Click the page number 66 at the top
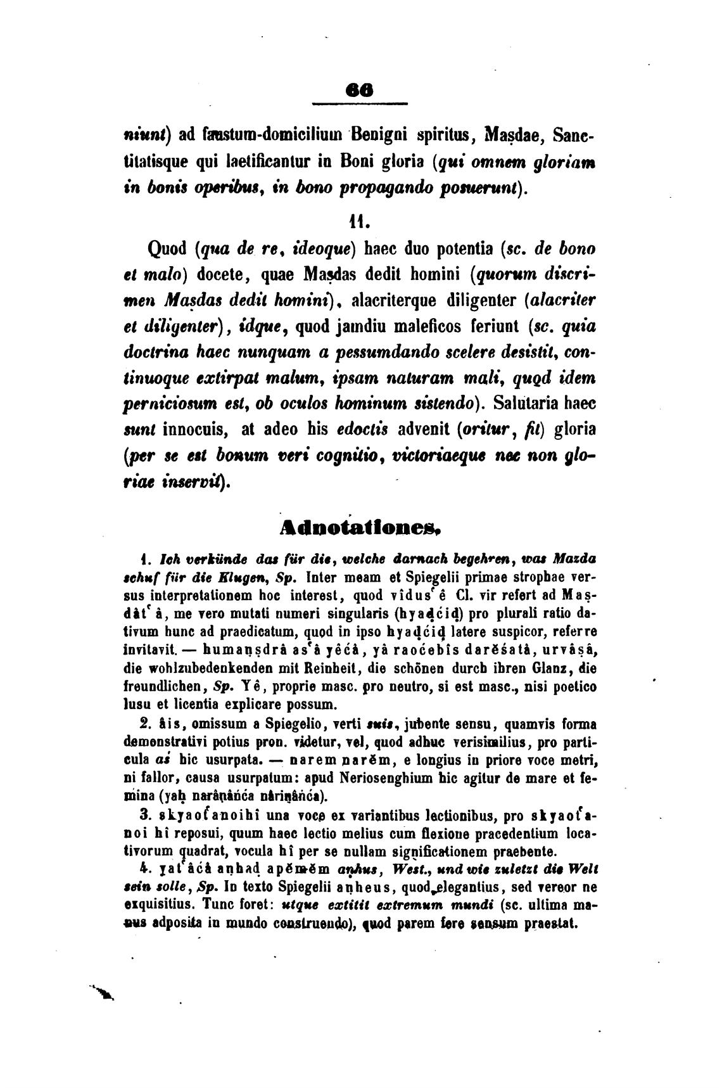360,91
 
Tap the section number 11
359,221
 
